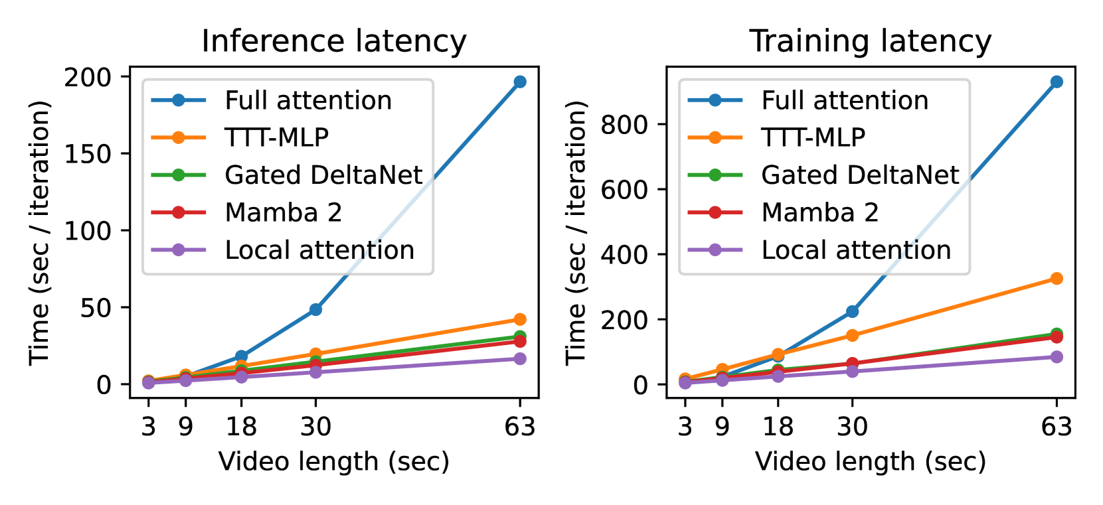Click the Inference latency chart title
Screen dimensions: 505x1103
(334, 41)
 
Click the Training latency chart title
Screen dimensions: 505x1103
(870, 41)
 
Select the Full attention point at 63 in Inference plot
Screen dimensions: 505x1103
(519, 82)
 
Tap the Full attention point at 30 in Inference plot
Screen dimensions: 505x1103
(315, 310)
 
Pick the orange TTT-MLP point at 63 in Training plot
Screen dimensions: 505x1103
(1056, 279)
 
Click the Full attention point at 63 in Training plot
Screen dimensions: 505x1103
(1056, 82)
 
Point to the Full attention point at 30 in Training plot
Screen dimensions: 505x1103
(852, 312)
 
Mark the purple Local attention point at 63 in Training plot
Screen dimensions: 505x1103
(1056, 357)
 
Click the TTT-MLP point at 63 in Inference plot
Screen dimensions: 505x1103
(519, 320)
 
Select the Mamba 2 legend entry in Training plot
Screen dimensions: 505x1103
(819, 212)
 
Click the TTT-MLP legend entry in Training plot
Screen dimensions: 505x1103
(813, 137)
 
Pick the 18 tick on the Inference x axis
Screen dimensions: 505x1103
(241, 426)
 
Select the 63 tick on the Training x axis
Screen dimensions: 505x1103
(1056, 426)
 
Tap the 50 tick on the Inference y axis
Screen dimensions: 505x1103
(96, 307)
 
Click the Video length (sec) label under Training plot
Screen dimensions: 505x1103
(870, 461)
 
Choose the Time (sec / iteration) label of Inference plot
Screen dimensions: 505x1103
(40, 232)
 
